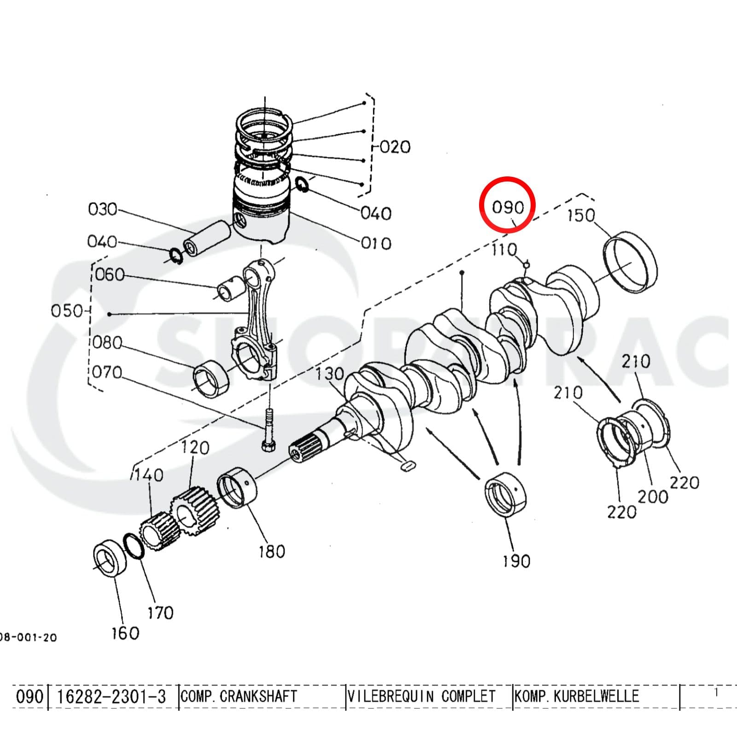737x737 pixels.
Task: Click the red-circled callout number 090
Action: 508,207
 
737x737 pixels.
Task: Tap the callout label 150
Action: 580,215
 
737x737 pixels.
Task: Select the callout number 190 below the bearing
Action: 516,561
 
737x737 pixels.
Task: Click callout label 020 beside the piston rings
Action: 395,147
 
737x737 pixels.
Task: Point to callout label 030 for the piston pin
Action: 103,209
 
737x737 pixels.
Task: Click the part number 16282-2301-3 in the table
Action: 111,696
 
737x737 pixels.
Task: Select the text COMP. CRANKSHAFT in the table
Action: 239,696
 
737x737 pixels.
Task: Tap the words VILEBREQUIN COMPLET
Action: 421,696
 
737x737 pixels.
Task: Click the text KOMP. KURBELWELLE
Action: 577,696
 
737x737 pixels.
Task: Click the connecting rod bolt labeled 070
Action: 269,428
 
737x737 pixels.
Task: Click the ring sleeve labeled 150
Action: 630,262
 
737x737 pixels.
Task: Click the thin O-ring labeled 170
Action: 134,546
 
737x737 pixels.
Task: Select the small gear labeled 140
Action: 159,532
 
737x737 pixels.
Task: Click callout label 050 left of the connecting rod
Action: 67,310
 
